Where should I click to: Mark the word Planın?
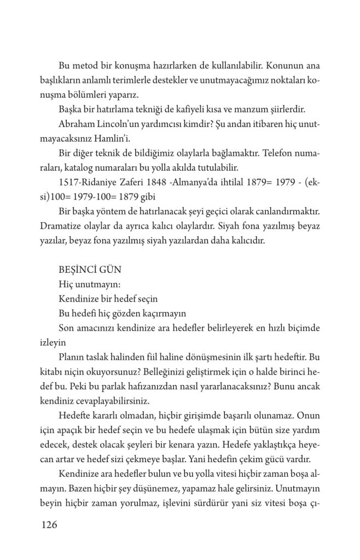point(71,356)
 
